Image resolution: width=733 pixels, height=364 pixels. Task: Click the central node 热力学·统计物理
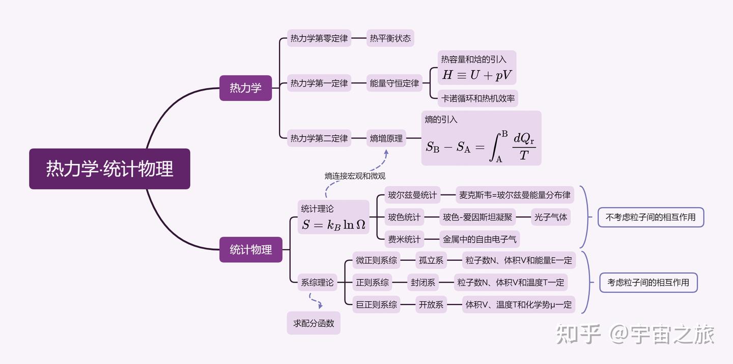109,169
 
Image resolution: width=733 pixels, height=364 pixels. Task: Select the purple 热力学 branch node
245,88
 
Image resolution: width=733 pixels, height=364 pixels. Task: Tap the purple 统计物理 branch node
250,249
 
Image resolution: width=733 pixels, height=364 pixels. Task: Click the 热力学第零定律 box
319,38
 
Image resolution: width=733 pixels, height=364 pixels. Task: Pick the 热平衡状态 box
390,38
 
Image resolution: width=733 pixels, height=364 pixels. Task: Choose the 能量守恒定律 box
394,83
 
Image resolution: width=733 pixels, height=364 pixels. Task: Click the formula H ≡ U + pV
477,75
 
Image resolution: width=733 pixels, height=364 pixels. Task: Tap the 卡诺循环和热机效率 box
478,98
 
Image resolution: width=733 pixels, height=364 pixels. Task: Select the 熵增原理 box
386,138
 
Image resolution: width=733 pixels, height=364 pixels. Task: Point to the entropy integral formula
481,145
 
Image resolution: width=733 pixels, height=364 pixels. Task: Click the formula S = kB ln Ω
333,225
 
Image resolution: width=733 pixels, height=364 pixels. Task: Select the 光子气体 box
550,217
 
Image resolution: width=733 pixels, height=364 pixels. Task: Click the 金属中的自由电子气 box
480,239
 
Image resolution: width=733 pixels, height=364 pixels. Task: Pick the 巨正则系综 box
376,305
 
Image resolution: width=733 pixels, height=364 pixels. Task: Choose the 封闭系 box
423,283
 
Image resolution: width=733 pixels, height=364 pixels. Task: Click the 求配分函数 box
314,323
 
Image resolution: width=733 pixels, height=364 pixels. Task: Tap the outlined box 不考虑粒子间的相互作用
651,217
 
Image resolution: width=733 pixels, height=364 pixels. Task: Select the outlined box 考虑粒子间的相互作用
648,282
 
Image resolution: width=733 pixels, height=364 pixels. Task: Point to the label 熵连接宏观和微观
355,176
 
